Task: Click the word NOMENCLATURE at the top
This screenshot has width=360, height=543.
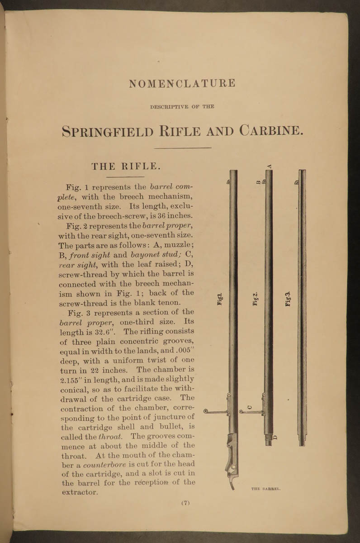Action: coord(182,84)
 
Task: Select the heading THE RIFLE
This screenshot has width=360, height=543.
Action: coord(126,166)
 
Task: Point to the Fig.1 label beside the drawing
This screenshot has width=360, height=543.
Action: coord(221,299)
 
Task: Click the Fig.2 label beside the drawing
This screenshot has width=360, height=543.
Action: coord(255,299)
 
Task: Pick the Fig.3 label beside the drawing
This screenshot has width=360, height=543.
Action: coord(288,299)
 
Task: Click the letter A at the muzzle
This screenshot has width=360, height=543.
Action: coord(269,166)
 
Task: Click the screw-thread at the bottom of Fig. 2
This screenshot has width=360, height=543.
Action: coord(269,437)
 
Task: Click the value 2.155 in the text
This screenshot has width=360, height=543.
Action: coord(71,379)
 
